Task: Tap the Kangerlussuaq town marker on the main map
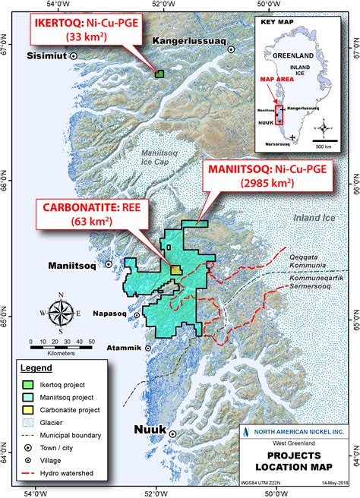[232, 49]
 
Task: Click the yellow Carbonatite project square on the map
[176, 269]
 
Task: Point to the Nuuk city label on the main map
[150, 430]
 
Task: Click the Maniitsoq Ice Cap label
[163, 156]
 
